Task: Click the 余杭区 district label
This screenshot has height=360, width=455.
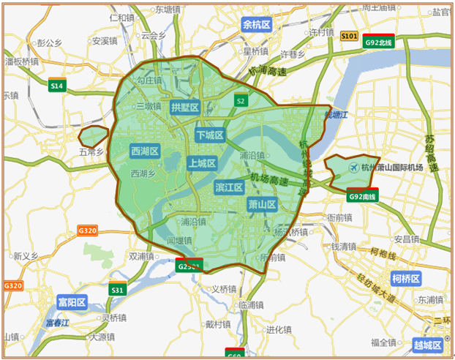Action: tap(257, 25)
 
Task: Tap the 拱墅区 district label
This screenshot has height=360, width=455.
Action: tap(185, 108)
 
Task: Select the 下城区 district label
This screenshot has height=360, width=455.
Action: tap(210, 135)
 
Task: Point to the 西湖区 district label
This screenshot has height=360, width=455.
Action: tap(145, 151)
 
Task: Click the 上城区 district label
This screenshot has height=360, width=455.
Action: tap(202, 163)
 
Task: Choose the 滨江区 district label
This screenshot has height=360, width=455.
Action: tap(229, 188)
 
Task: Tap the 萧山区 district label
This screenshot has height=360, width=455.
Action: tap(261, 204)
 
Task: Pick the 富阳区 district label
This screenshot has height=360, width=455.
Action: tap(72, 301)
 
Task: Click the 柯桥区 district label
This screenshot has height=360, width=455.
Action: tap(405, 279)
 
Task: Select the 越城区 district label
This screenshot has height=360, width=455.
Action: tap(427, 345)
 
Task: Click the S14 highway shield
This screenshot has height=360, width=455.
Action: tap(57, 85)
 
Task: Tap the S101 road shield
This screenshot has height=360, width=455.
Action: tap(349, 36)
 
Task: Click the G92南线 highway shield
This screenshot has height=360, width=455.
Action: tap(361, 195)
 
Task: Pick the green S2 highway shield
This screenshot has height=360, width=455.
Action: tap(239, 100)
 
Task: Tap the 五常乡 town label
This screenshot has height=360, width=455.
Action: tap(93, 152)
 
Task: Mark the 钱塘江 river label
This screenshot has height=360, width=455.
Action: tap(337, 114)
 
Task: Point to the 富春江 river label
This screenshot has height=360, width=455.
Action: tap(56, 322)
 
